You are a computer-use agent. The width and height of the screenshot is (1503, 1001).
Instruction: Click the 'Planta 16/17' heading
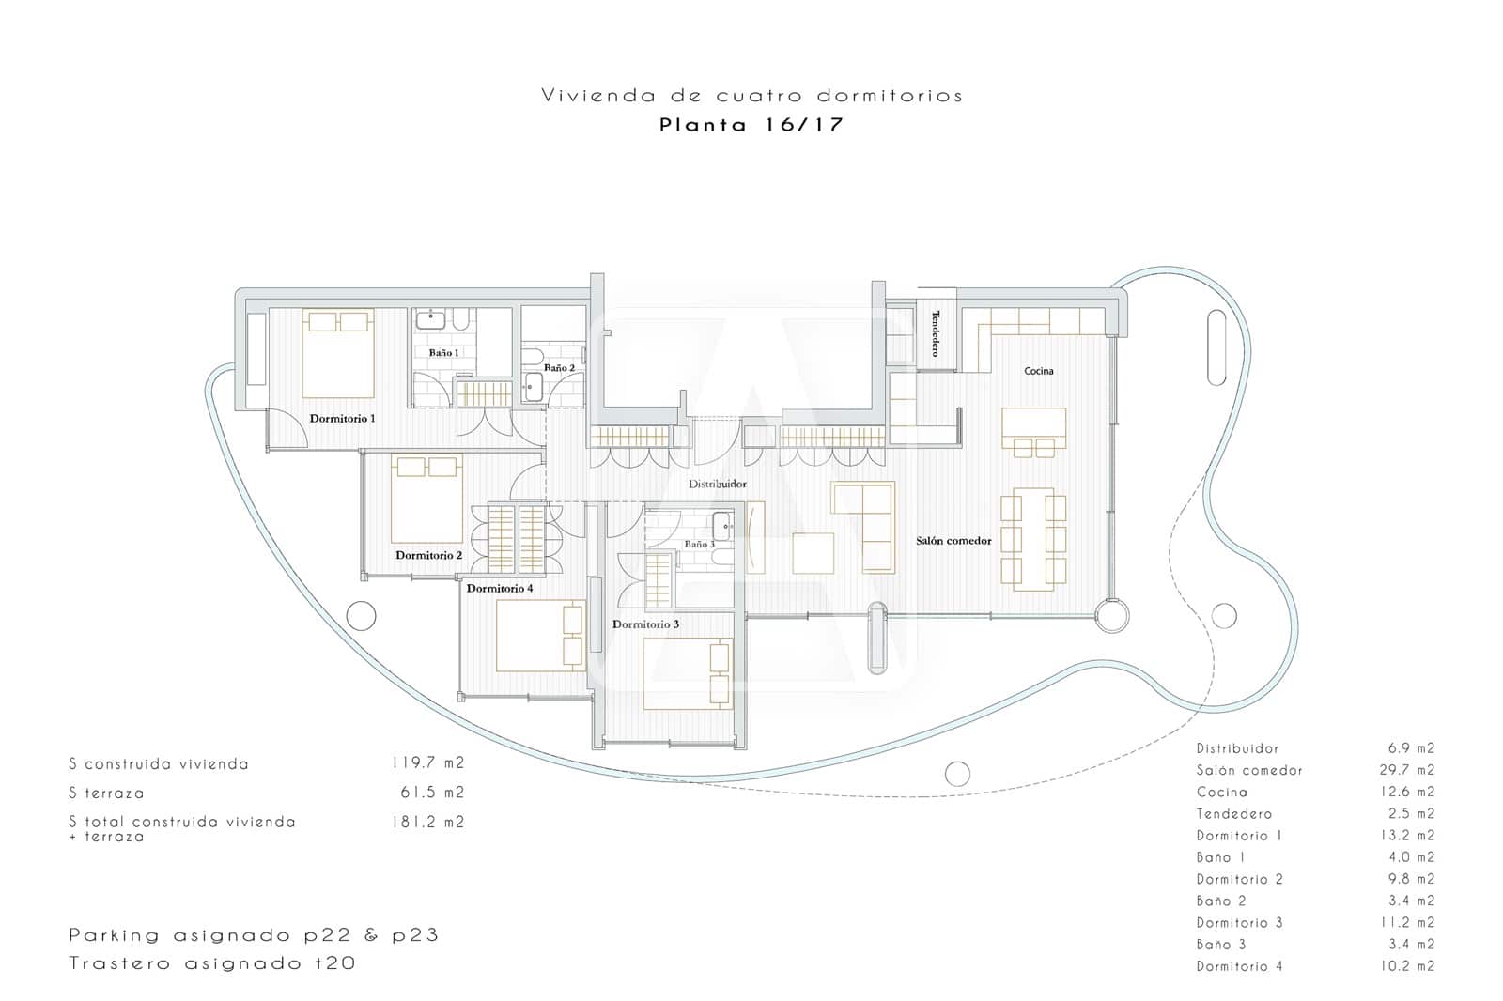[751, 125]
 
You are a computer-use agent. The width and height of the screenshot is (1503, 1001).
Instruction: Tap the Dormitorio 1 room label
[342, 418]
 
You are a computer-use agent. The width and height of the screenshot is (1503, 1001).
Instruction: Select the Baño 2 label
[559, 368]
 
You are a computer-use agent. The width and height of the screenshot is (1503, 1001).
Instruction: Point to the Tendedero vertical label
[936, 333]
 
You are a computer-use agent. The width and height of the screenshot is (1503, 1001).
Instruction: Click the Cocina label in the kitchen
[1038, 371]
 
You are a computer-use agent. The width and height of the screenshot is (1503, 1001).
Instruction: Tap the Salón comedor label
[953, 541]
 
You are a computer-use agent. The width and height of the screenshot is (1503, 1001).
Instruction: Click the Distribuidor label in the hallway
[718, 485]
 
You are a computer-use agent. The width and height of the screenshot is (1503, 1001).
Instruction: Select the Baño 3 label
[699, 544]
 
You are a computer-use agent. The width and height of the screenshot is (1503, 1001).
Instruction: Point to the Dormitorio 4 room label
[500, 589]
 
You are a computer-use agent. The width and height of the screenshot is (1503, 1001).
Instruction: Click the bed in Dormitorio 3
[687, 673]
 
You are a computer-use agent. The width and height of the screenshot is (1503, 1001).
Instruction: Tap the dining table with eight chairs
[1032, 539]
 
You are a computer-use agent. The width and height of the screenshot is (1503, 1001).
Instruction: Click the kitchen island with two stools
[1033, 430]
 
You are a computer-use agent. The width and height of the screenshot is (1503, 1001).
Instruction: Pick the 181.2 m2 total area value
[427, 822]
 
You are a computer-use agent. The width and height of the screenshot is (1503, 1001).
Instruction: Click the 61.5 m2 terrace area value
[432, 793]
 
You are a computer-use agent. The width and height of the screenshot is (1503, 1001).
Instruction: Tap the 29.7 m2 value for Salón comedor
[1411, 770]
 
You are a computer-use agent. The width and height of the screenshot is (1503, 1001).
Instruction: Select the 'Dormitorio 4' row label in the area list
[1239, 966]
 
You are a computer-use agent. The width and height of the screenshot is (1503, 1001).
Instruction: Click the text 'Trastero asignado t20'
[212, 963]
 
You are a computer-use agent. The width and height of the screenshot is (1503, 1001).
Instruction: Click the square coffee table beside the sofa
[813, 553]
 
